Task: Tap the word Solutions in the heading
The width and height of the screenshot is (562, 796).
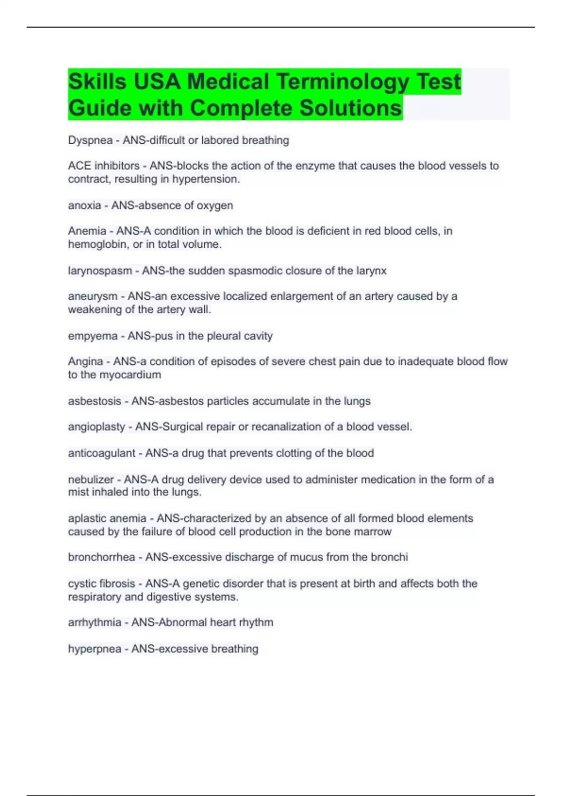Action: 350,108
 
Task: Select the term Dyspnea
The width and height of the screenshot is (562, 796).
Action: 90,140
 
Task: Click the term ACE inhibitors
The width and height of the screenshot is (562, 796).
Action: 104,166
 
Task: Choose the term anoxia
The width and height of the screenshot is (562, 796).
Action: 84,206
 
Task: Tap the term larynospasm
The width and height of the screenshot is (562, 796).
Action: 100,271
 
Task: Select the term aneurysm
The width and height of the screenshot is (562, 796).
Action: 93,296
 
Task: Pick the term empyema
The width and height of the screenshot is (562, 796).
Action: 93,336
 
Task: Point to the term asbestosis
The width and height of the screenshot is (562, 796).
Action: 95,401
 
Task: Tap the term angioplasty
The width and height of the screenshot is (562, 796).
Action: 96,427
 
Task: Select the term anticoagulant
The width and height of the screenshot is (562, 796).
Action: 102,453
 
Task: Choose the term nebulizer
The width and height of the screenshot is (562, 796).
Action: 91,479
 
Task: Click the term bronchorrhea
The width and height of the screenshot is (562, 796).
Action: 102,557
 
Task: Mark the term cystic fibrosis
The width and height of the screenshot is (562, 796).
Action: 102,584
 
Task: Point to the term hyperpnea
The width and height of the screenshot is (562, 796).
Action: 95,649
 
